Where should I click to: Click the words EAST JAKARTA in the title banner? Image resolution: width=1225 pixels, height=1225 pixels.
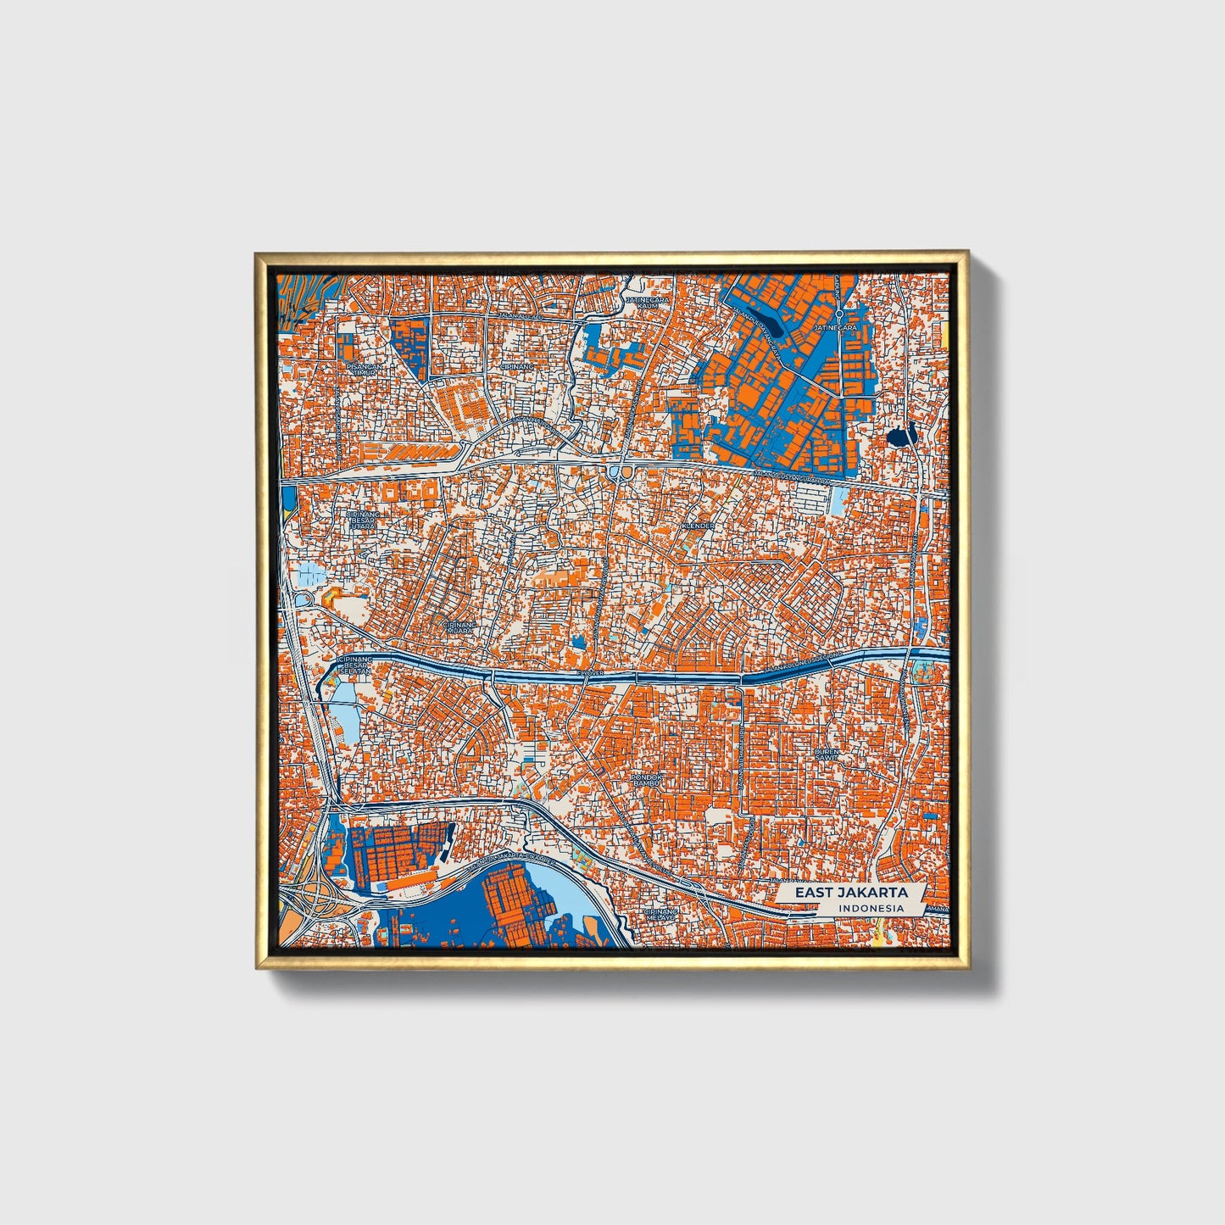850,893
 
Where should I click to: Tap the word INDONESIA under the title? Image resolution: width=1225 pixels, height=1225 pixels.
870,909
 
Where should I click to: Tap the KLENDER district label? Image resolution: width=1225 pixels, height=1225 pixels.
699,526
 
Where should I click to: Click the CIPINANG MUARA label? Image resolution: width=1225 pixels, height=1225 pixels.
458,626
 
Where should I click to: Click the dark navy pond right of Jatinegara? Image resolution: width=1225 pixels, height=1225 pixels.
900,437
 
